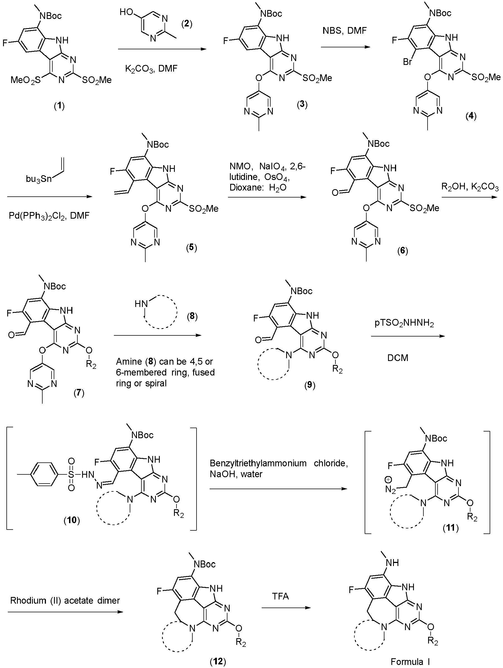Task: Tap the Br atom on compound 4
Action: [408, 62]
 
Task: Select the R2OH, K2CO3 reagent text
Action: [470, 187]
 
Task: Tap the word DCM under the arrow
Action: [398, 358]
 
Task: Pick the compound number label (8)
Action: [192, 317]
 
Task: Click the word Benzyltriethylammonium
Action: [258, 463]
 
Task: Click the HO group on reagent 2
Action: [126, 12]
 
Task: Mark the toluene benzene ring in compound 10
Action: [44, 475]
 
